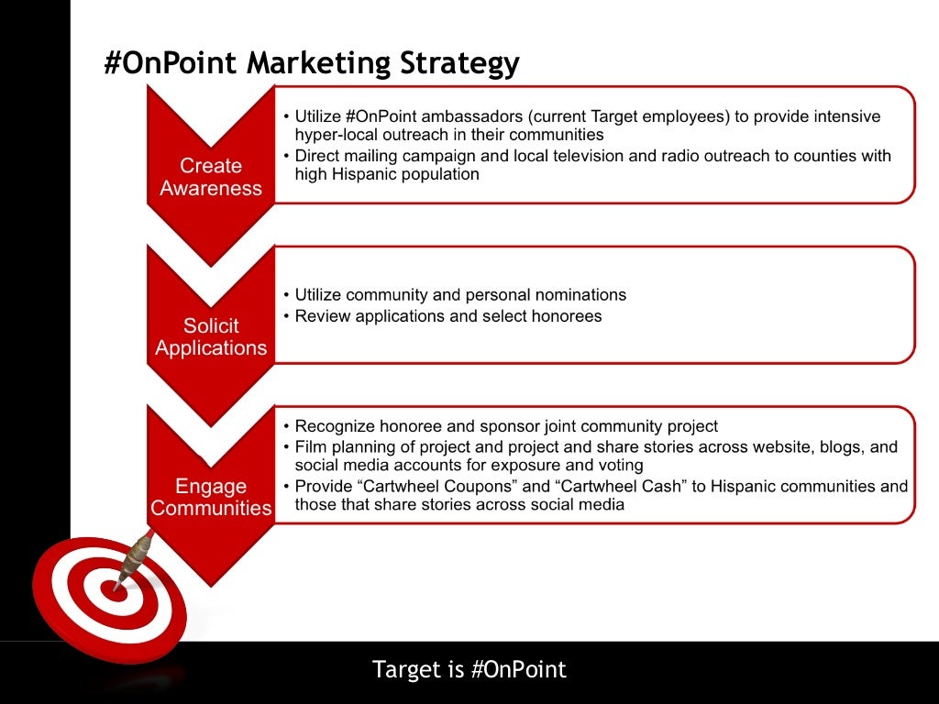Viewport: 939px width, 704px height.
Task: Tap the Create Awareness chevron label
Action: tap(211, 177)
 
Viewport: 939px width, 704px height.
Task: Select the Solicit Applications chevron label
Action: tap(211, 336)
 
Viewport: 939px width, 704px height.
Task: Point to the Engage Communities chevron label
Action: tap(211, 497)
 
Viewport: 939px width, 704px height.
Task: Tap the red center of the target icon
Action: tap(114, 591)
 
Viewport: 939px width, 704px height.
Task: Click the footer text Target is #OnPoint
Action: tap(469, 669)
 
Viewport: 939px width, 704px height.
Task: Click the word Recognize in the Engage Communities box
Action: tap(333, 426)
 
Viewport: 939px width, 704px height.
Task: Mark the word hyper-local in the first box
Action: tap(337, 135)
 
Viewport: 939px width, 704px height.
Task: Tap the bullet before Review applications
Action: tap(286, 316)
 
